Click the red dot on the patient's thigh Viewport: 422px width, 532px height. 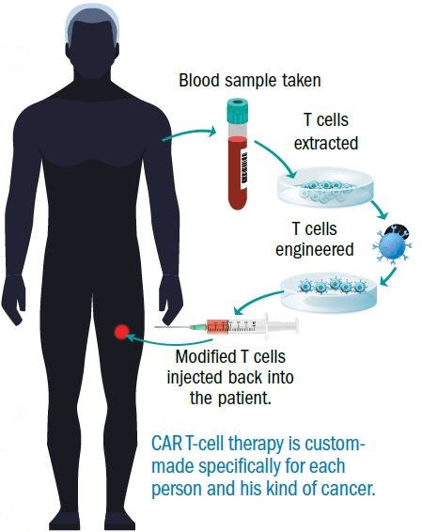click(x=122, y=332)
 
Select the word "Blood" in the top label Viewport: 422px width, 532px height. click(x=199, y=81)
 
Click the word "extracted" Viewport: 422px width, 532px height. click(x=326, y=143)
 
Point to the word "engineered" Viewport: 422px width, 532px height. click(x=315, y=250)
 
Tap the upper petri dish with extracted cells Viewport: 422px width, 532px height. click(x=325, y=187)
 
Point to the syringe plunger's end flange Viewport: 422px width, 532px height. click(x=295, y=326)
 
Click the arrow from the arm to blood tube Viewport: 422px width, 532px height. click(x=189, y=133)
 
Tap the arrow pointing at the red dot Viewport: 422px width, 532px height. click(x=169, y=340)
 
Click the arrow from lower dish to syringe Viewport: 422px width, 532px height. click(x=257, y=300)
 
